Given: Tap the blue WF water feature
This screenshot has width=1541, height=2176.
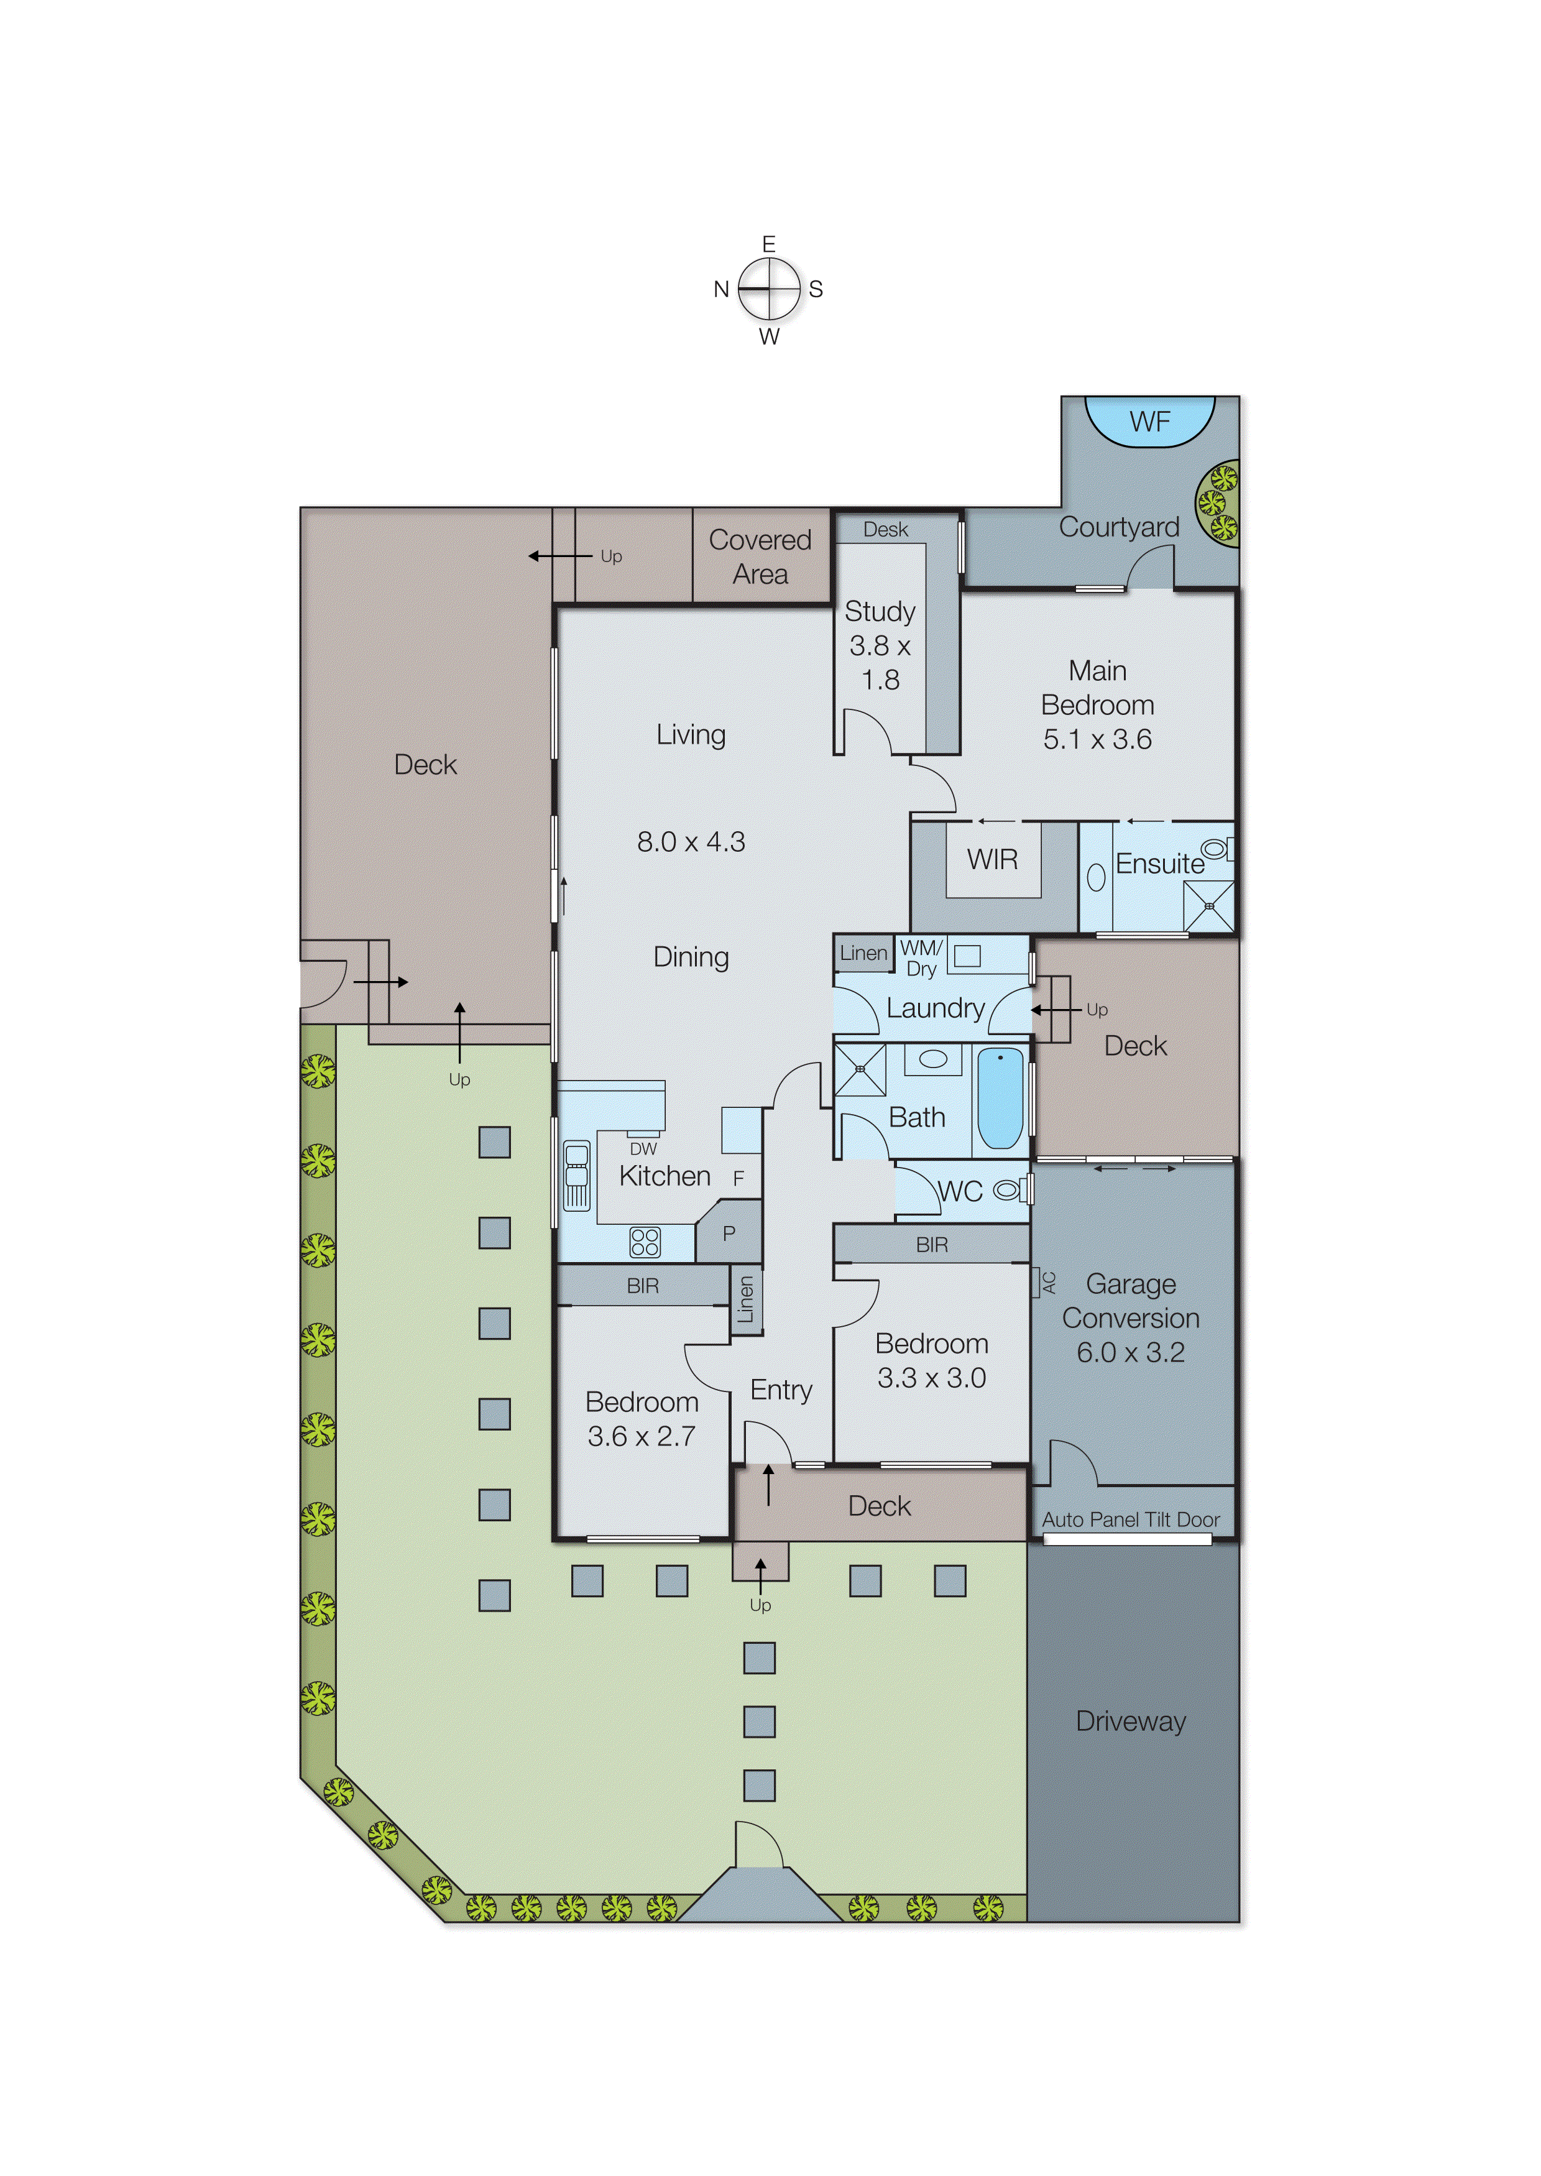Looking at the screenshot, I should pyautogui.click(x=1149, y=422).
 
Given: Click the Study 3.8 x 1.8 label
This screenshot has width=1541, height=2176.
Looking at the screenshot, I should pyautogui.click(x=880, y=645).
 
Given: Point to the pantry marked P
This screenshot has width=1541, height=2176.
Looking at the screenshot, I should pyautogui.click(x=729, y=1233).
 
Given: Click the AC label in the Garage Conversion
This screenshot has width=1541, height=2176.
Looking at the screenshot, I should pyautogui.click(x=1049, y=1283).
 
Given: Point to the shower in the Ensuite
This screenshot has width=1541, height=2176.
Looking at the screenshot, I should pyautogui.click(x=1208, y=906).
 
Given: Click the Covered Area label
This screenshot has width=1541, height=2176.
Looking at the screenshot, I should pyautogui.click(x=760, y=557).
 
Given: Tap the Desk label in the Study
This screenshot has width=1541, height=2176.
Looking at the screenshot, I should pyautogui.click(x=885, y=530).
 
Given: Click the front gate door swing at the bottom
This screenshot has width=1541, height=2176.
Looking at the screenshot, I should pyautogui.click(x=759, y=1846).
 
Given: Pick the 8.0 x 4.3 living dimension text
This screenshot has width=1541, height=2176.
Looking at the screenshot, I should pyautogui.click(x=691, y=842).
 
